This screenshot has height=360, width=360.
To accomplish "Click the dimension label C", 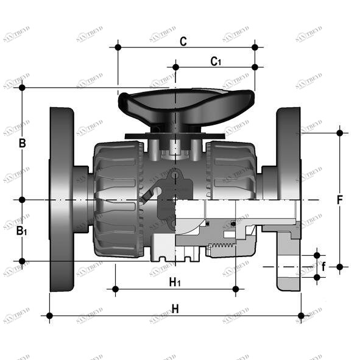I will click(x=183, y=41).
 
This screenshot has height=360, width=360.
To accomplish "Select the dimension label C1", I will click(x=216, y=61).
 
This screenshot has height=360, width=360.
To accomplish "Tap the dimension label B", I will click(x=22, y=144).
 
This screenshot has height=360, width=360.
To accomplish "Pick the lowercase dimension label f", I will click(x=323, y=266).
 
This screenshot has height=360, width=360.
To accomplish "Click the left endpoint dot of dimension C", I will click(x=118, y=47).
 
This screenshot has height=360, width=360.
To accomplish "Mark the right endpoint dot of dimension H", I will click(x=301, y=316).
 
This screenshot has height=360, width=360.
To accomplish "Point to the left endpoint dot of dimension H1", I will click(x=115, y=289).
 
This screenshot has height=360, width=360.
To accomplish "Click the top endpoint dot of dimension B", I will click(x=22, y=88).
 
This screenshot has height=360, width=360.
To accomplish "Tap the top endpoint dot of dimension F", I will click(x=340, y=132).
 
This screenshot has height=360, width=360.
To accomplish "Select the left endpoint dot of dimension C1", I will click(x=175, y=66).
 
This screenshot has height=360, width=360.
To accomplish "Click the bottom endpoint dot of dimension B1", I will click(x=22, y=261).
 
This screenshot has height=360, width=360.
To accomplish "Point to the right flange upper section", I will click(x=288, y=134).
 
